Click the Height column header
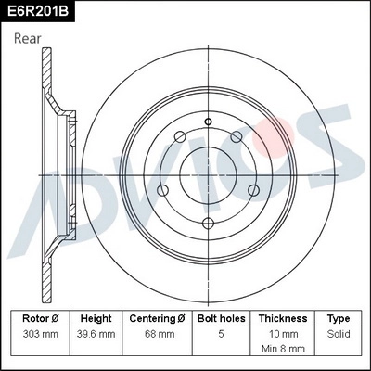tap(96, 317)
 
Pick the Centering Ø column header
tap(159, 317)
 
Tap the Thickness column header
tap(282, 317)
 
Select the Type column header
tap(339, 317)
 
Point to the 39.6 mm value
tap(96, 333)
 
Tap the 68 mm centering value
tap(159, 333)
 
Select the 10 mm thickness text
tap(282, 333)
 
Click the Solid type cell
tap(339, 333)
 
